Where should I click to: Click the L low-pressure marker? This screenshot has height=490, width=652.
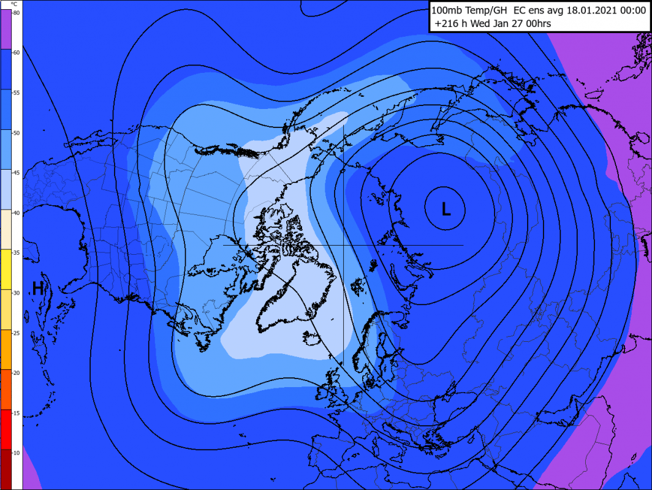point(446,210)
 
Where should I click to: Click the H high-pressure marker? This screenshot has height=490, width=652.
point(38,288)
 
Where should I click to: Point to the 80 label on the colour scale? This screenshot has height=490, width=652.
point(16,13)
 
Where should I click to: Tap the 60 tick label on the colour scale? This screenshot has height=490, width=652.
point(16,53)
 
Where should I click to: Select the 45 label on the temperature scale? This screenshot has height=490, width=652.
point(16,173)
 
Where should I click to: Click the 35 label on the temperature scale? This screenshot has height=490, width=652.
point(16,253)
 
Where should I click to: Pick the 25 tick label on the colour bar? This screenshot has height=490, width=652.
point(16,333)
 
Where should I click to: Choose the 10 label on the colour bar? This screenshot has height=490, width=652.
point(16,453)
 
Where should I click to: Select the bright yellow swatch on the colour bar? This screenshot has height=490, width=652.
point(6,269)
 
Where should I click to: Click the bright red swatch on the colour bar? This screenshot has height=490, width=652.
point(6,429)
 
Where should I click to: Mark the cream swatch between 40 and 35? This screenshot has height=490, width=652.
point(6,229)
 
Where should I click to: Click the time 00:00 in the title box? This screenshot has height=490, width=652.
point(631,10)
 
